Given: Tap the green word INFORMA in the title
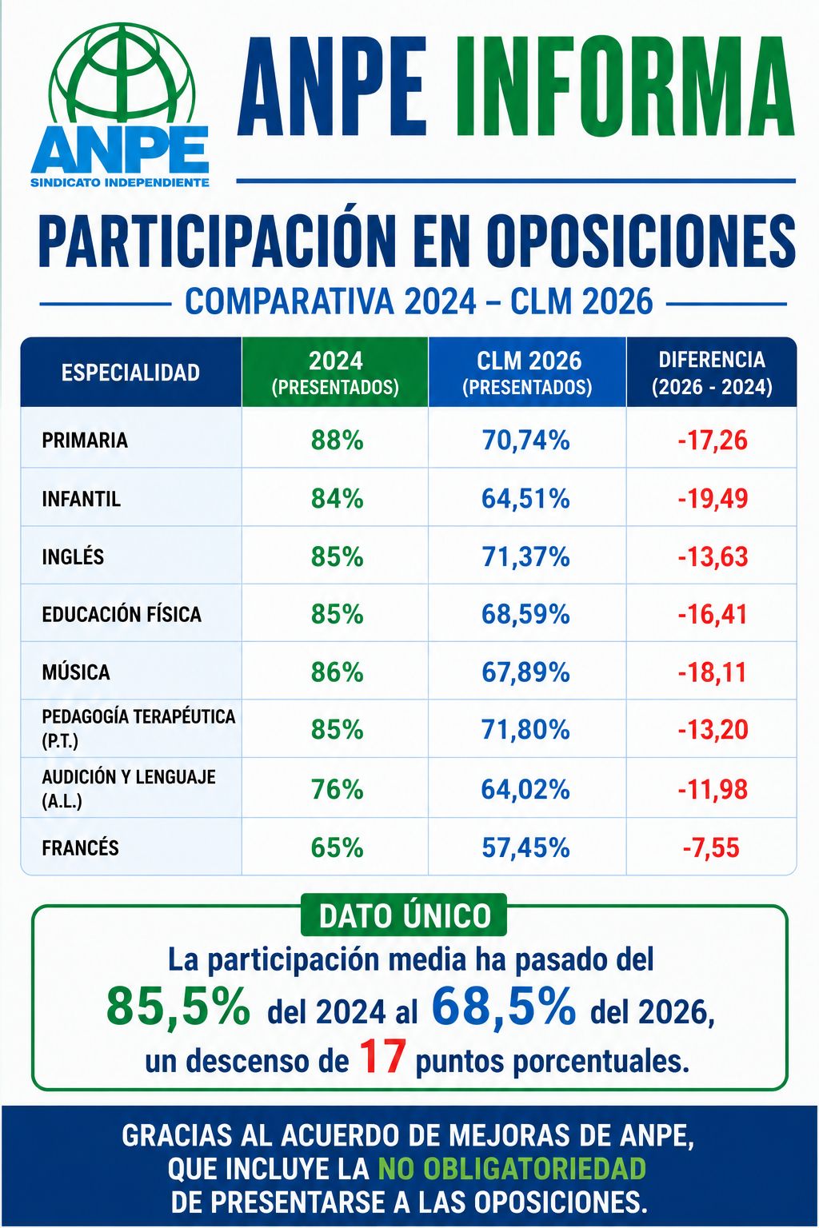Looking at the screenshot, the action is pyautogui.click(x=625, y=86).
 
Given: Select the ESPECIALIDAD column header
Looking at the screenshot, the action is pyautogui.click(x=130, y=373).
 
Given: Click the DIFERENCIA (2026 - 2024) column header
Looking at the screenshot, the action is pyautogui.click(x=712, y=373).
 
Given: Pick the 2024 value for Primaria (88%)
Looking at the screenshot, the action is pyautogui.click(x=337, y=440).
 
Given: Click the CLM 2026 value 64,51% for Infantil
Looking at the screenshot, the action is pyautogui.click(x=525, y=498).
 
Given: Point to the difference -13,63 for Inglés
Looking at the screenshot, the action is pyautogui.click(x=713, y=556).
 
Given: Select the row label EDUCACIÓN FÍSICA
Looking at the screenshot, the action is pyautogui.click(x=122, y=614).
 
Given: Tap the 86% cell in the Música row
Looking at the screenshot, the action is pyautogui.click(x=337, y=672).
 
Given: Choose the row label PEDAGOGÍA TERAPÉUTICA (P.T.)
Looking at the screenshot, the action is pyautogui.click(x=138, y=728).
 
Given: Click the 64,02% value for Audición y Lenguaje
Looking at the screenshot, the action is pyautogui.click(x=525, y=789).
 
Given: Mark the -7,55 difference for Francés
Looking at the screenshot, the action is pyautogui.click(x=712, y=847).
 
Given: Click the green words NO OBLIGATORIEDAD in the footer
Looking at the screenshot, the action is pyautogui.click(x=512, y=1168).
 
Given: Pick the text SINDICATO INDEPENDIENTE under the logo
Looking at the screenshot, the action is pyautogui.click(x=120, y=182).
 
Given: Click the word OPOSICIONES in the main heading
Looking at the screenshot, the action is pyautogui.click(x=641, y=241).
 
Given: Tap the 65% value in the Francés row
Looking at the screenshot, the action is pyautogui.click(x=337, y=847).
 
